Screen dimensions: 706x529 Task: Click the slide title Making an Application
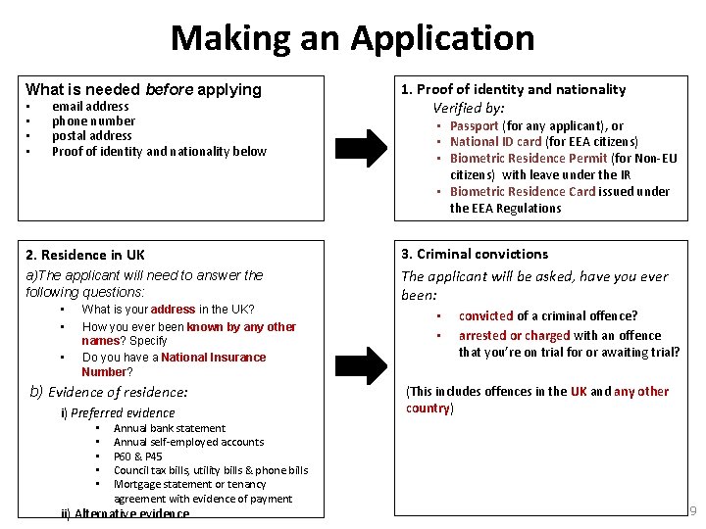click(x=353, y=38)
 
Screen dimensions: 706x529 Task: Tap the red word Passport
click(x=474, y=125)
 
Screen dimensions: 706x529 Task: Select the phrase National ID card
click(x=496, y=142)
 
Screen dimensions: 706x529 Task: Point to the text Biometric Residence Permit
click(x=529, y=159)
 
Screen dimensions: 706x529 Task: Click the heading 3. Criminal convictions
click(x=475, y=254)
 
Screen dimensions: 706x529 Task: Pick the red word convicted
click(x=485, y=315)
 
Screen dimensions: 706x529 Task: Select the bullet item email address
click(x=90, y=106)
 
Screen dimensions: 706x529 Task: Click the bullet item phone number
click(x=93, y=121)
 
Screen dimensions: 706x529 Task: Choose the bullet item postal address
click(x=91, y=136)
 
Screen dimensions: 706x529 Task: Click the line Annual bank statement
click(x=170, y=428)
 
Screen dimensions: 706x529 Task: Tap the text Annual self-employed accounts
click(x=189, y=442)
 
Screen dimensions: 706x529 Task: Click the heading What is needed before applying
click(x=143, y=89)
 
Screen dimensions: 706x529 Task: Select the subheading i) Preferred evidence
click(x=118, y=413)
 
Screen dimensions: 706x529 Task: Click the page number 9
click(x=694, y=511)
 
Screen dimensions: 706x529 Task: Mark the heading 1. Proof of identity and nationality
click(x=513, y=89)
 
